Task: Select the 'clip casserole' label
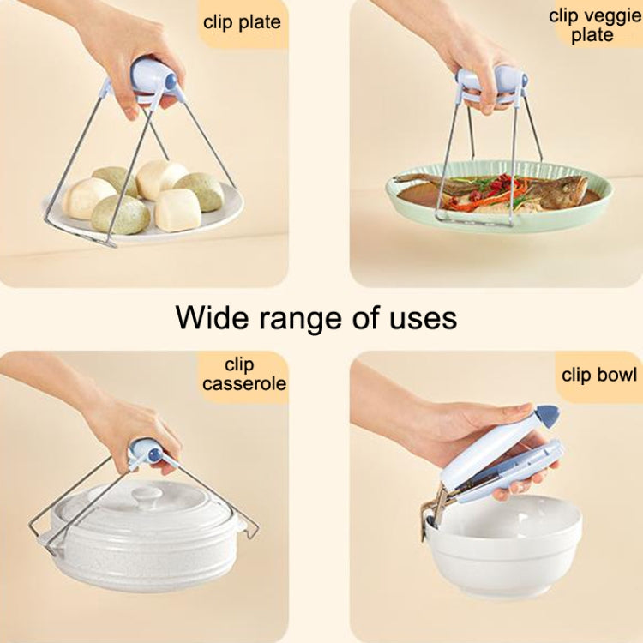click(x=243, y=375)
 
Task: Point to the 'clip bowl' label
click(x=599, y=375)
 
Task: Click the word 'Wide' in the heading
click(x=213, y=317)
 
